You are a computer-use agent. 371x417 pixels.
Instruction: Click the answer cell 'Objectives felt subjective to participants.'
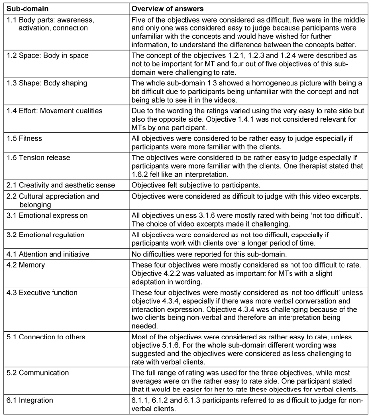coord(194,185)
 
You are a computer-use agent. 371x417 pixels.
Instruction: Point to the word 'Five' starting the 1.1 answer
coord(141,20)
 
